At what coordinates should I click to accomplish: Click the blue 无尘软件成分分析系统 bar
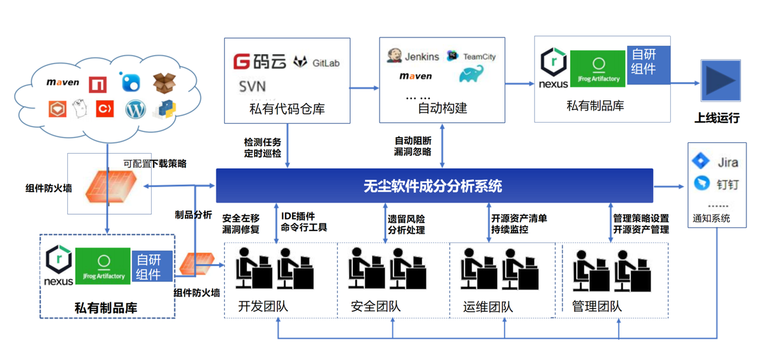(434, 185)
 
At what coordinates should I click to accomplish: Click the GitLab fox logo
(300, 62)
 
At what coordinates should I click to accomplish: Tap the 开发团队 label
(263, 307)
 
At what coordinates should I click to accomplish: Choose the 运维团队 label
(488, 307)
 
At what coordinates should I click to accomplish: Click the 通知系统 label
(711, 218)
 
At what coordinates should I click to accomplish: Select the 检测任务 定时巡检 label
(262, 147)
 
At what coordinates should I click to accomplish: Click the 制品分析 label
(194, 215)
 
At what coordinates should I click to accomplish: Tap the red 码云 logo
(260, 62)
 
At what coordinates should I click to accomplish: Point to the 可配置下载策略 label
(155, 164)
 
